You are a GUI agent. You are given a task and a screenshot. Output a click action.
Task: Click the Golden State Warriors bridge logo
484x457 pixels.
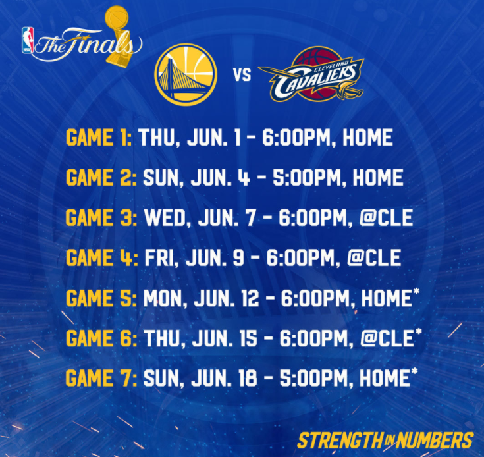(186, 74)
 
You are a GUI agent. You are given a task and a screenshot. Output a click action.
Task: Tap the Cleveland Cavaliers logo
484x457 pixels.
(311, 74)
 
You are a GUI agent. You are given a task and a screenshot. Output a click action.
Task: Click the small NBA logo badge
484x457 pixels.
(28, 40)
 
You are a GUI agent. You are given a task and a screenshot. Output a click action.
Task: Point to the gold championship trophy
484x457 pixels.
(119, 36)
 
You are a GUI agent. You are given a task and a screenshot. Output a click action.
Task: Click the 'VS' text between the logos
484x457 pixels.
(242, 75)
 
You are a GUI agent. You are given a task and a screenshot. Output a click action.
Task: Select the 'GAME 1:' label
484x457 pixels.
(99, 138)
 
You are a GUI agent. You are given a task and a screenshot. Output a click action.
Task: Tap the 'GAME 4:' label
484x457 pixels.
(102, 258)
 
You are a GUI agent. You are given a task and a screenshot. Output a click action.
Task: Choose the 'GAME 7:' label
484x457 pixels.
(101, 379)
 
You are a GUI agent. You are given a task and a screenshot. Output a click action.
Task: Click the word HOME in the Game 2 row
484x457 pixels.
(378, 178)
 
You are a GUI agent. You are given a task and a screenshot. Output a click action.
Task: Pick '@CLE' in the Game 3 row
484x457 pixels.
(386, 218)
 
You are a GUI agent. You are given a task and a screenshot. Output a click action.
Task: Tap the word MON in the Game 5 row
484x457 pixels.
(163, 298)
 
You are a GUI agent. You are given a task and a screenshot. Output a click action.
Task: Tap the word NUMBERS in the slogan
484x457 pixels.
(435, 440)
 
